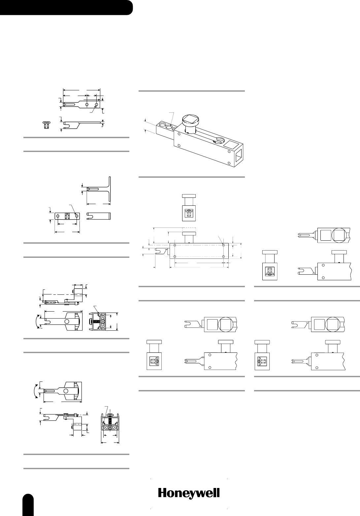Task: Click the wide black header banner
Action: tap(66, 8)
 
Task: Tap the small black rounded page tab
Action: tap(29, 504)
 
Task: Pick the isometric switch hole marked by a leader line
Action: tap(170, 126)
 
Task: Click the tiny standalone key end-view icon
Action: tap(47, 125)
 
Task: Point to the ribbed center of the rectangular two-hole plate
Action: tap(67, 216)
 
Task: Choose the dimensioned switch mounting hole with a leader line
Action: tap(223, 245)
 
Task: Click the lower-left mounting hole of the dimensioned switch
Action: tap(174, 256)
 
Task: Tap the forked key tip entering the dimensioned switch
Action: tap(159, 252)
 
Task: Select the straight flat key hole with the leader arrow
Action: tap(96, 105)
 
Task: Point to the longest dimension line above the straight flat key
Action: tap(81, 89)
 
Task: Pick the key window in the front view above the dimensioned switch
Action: tap(189, 214)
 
